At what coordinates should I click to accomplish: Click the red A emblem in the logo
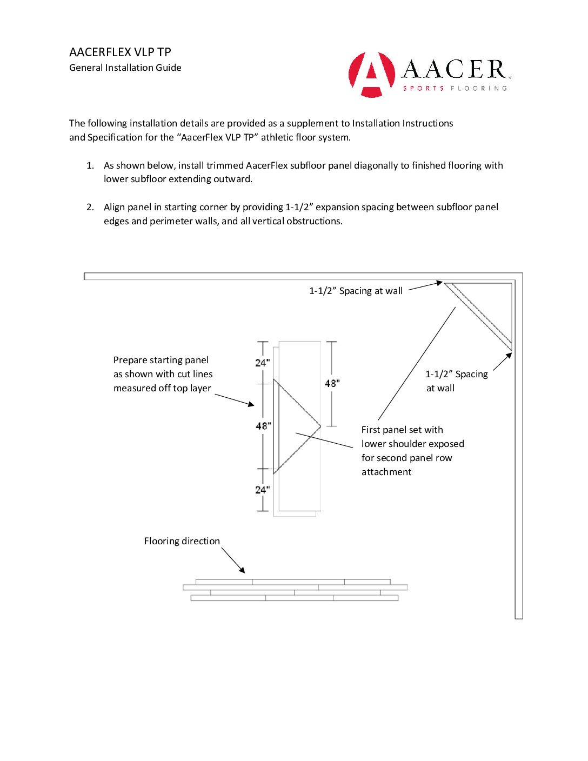(371, 75)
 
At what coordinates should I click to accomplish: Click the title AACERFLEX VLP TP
(120, 52)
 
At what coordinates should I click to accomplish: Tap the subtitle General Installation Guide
(125, 68)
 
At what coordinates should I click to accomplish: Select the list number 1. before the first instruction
(90, 165)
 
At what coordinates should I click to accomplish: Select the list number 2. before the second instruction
(90, 207)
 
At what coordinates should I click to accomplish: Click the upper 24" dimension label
(262, 363)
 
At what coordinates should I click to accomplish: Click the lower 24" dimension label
(262, 490)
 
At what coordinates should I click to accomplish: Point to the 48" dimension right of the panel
(332, 383)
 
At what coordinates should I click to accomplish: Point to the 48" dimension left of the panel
(263, 426)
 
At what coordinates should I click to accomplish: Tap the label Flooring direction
(182, 541)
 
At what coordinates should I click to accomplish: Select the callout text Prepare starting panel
(161, 360)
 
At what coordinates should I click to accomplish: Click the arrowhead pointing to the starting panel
(251, 404)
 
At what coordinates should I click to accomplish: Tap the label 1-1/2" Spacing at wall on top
(356, 291)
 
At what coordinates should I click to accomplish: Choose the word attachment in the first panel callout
(386, 472)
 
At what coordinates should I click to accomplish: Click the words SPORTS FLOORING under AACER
(455, 88)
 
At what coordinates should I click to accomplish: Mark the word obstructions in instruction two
(316, 221)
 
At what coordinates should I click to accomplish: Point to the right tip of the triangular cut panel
(320, 426)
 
